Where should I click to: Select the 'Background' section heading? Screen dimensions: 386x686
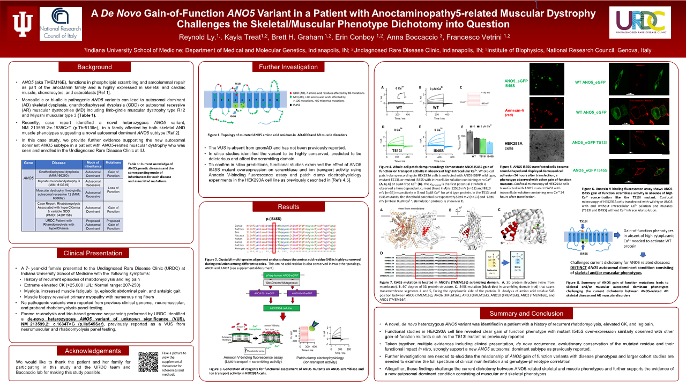(x=94, y=67)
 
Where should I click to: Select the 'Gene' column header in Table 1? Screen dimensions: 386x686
(x=29, y=163)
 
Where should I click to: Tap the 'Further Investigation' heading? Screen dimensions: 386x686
(x=284, y=67)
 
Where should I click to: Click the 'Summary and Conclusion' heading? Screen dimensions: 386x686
(x=526, y=313)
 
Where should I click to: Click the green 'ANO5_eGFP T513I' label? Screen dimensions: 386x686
(x=590, y=143)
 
